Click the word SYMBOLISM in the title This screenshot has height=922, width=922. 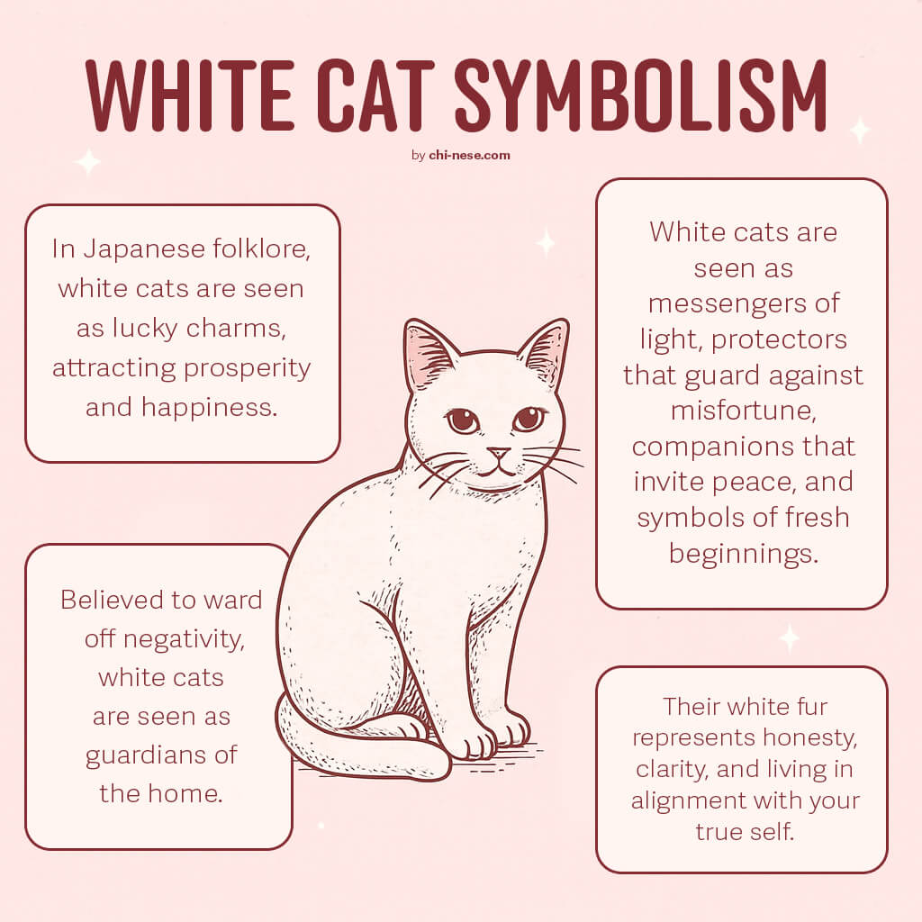(641, 95)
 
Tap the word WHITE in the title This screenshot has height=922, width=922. (189, 95)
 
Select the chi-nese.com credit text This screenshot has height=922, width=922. (469, 155)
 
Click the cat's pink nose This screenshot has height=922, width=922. (498, 453)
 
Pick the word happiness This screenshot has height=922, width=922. (209, 406)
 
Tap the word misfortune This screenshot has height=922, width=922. (743, 411)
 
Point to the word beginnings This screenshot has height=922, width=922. (743, 555)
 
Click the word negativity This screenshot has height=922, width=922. (184, 639)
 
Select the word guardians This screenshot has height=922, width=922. (146, 755)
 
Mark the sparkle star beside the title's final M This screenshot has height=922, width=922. (860, 131)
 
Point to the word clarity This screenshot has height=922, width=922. (672, 770)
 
